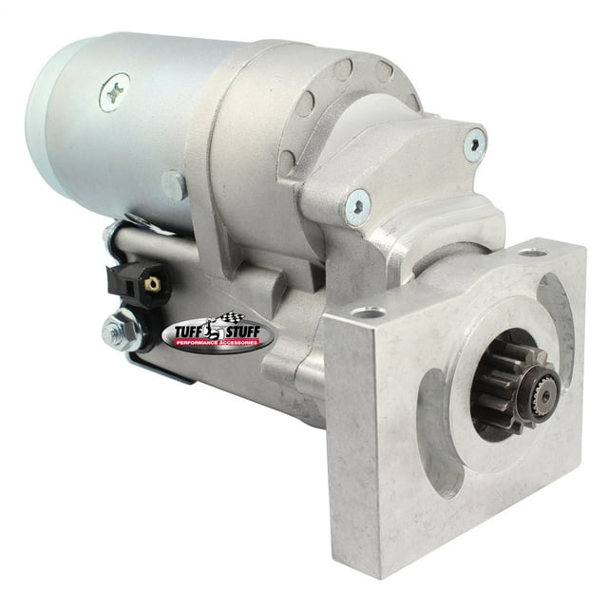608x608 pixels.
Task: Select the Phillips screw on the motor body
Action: [115, 92]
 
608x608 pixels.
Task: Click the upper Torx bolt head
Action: [474, 144]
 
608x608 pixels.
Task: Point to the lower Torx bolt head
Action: [358, 201]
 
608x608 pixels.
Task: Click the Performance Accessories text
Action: [220, 345]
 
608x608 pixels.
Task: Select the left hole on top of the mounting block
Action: [367, 312]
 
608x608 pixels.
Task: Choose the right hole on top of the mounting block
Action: [530, 252]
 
